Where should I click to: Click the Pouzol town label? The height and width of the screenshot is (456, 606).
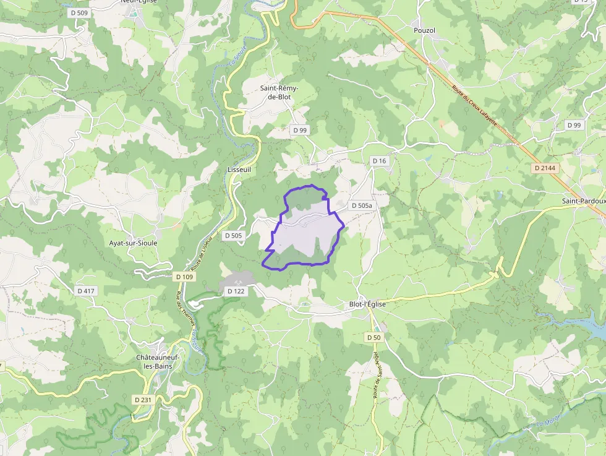click(424, 30)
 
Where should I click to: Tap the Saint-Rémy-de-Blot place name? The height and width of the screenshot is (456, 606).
click(279, 93)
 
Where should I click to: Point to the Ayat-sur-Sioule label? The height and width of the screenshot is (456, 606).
click(133, 243)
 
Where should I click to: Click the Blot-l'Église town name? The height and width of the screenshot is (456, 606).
click(367, 304)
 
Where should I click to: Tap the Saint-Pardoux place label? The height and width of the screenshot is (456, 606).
click(583, 201)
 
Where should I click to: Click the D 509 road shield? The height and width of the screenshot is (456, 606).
click(79, 12)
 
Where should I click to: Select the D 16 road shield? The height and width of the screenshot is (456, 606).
click(379, 161)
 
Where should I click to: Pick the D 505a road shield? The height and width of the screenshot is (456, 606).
click(362, 205)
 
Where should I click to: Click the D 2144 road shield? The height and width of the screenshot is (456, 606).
click(544, 168)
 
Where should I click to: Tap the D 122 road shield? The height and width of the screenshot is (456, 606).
click(236, 291)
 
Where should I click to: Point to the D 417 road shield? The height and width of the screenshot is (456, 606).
click(87, 290)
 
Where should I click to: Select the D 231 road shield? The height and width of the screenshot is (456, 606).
click(142, 400)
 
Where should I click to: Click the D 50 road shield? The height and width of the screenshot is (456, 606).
click(373, 337)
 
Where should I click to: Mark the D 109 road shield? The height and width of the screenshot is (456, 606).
click(184, 277)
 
